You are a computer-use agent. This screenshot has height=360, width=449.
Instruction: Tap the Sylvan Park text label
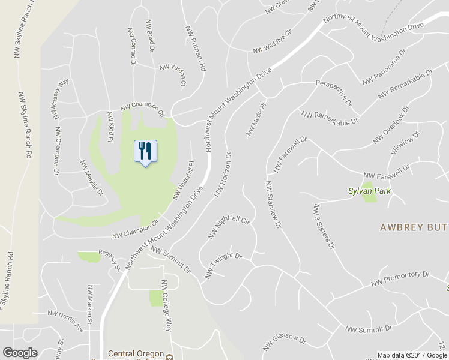pos(370,192)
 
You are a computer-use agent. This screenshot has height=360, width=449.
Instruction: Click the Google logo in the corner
pos(20,353)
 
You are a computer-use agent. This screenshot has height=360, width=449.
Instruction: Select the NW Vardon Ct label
pos(173,73)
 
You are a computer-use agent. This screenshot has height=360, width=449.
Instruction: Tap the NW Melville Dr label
pos(92,178)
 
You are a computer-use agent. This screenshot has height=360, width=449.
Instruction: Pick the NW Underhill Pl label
pos(184,180)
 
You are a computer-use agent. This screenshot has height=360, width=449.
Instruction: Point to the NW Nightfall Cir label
pos(228,228)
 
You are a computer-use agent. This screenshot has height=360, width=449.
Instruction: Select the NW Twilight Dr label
pos(223,265)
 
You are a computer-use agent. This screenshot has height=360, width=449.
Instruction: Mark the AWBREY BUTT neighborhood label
pos(414,227)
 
